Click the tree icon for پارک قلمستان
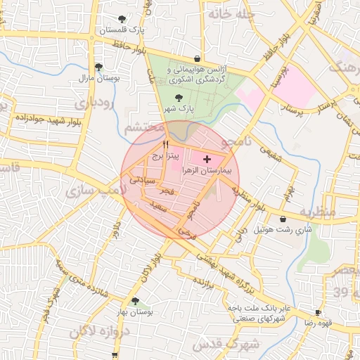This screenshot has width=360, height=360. coord(123,19)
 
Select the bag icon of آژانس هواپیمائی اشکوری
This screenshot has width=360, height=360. coord(197,58)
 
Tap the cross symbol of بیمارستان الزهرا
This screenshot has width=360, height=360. coord(206,160)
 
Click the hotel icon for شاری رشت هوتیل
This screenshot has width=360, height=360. coord(283,219)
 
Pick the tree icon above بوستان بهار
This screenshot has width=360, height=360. coord(135,300)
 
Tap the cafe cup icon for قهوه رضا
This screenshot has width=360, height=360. coord(318,311)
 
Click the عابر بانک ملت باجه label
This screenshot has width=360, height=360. coord(258,309)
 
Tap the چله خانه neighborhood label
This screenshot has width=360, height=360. coord(229,13)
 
